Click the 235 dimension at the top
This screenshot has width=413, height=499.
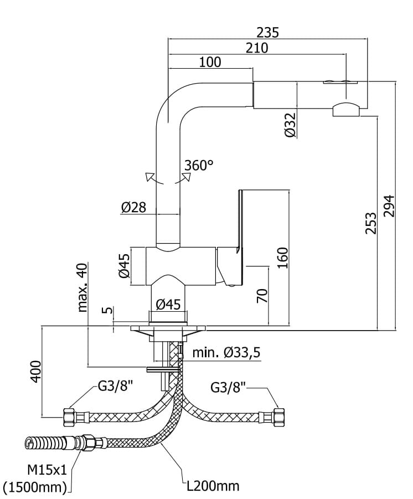click(268, 33)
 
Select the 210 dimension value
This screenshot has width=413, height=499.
click(257, 48)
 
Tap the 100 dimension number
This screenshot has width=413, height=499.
click(210, 62)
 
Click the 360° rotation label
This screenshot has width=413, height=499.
click(199, 165)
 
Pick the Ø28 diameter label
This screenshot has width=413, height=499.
click(133, 207)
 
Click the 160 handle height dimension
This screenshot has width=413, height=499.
click(282, 258)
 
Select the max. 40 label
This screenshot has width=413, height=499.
click(82, 287)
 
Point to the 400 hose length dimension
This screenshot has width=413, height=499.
click(35, 371)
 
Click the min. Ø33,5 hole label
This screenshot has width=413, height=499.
click(226, 352)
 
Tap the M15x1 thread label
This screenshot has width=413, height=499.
click(47, 470)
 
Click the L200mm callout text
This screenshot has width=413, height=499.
click(213, 486)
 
